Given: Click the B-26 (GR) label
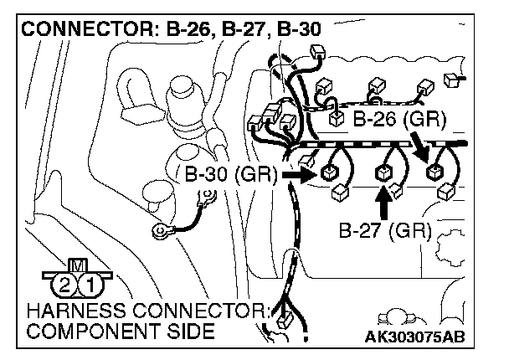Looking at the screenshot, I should tap(398, 120).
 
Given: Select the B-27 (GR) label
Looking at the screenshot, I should tap(384, 229).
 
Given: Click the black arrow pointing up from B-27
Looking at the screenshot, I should tap(383, 202).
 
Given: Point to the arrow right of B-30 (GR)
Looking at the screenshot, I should tap(298, 176).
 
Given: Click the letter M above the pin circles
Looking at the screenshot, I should tap(78, 265).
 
